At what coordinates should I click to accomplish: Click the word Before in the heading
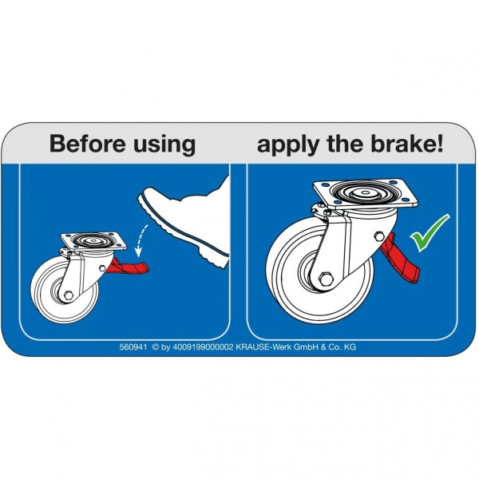(x=88, y=143)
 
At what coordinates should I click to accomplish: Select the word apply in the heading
(x=287, y=145)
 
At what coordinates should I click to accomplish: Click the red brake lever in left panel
(x=130, y=267)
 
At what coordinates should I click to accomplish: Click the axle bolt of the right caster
(x=326, y=279)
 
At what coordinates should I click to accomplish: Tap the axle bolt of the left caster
(x=69, y=295)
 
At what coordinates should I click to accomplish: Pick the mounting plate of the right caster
(x=366, y=194)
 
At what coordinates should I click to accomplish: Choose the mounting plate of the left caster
(x=93, y=241)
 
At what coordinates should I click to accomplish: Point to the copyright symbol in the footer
(x=156, y=347)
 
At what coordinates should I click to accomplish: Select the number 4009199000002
(x=203, y=347)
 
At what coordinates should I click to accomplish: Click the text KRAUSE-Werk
(x=263, y=347)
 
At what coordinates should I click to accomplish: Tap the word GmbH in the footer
(x=306, y=347)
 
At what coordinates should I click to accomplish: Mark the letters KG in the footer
(x=350, y=347)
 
